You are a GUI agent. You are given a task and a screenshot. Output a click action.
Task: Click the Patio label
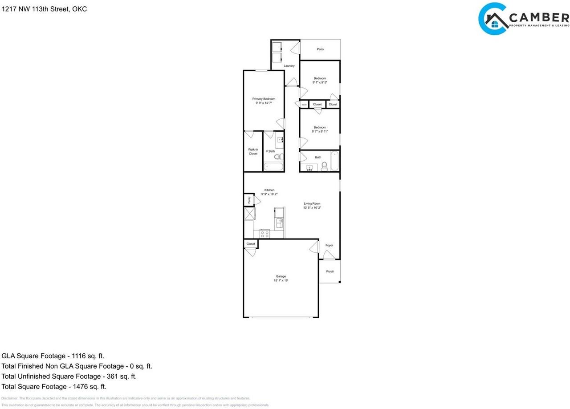(320, 49)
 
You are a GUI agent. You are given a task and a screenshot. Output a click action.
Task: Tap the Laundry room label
(289, 66)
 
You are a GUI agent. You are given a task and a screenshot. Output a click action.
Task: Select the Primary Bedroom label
(264, 99)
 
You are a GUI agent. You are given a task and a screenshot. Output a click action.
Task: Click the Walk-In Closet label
(253, 152)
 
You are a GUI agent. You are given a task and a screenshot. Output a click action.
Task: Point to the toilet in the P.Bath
(278, 157)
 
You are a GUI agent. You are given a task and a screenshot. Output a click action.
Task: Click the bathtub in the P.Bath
(273, 167)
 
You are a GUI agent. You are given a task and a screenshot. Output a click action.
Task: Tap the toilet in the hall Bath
(324, 166)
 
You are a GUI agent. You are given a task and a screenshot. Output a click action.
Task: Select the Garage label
(281, 276)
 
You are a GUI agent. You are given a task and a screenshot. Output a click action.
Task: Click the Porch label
(330, 271)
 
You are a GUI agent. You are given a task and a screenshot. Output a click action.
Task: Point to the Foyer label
(329, 245)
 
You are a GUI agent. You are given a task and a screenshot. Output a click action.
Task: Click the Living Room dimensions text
(312, 208)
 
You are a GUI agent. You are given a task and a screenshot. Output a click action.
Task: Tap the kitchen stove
(265, 233)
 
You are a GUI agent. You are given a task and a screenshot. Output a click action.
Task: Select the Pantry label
(249, 200)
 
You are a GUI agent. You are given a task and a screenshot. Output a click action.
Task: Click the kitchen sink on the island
(279, 221)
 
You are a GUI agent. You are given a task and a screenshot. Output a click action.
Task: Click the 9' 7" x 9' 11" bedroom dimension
(320, 132)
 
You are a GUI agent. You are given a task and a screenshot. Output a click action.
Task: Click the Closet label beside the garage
(251, 244)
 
